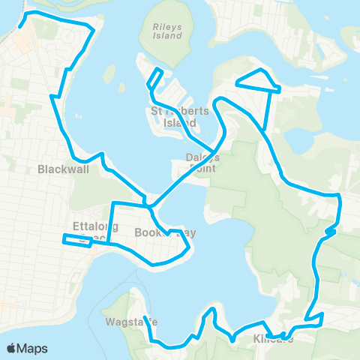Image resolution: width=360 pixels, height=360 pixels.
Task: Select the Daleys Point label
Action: click(x=203, y=162)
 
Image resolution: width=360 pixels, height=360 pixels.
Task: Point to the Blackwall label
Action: click(x=63, y=169)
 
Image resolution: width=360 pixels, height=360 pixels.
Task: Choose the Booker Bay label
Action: click(x=165, y=233)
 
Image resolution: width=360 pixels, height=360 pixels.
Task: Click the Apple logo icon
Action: click(x=13, y=348)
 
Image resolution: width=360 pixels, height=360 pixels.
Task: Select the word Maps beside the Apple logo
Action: click(x=33, y=348)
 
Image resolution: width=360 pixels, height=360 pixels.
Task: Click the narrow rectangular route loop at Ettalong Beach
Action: click(x=77, y=239)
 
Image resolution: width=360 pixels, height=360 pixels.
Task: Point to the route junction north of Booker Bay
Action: click(x=148, y=203)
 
